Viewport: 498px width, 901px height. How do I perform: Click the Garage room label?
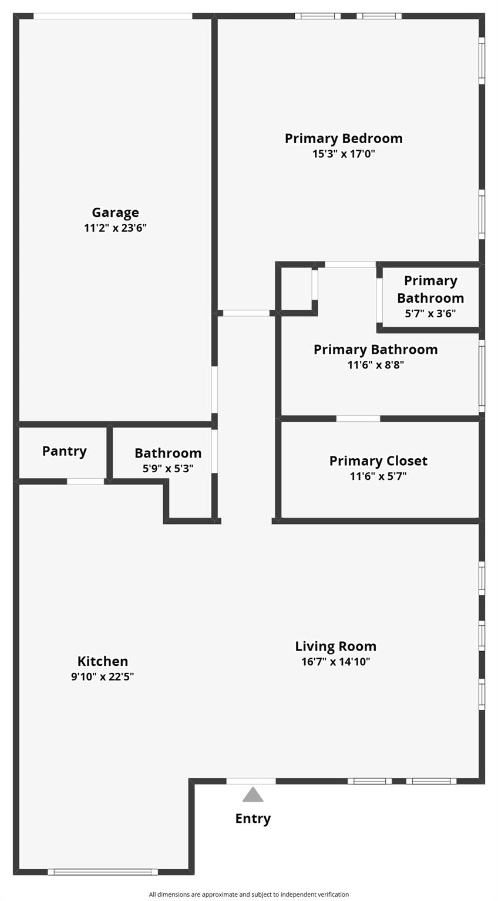click(x=115, y=212)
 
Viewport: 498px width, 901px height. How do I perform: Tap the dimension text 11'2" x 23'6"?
click(x=115, y=228)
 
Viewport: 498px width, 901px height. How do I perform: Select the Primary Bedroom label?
click(x=344, y=138)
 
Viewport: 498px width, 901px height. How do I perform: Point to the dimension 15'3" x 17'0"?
click(x=344, y=154)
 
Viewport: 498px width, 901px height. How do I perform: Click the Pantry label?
click(x=64, y=451)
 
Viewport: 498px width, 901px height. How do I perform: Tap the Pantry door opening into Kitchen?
click(x=85, y=482)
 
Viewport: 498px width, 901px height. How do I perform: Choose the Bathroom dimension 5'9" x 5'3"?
click(x=168, y=468)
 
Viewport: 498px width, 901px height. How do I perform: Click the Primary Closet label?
click(x=378, y=461)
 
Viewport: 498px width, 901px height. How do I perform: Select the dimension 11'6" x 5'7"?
click(x=378, y=476)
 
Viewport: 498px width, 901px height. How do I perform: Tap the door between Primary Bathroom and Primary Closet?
click(x=358, y=418)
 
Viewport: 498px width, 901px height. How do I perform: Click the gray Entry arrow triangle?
click(x=253, y=795)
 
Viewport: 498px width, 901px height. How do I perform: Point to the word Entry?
click(x=253, y=818)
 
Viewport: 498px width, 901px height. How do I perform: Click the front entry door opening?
click(x=251, y=781)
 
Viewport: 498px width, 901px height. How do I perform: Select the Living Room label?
click(x=335, y=646)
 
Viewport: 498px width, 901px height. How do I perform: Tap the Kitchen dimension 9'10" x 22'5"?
click(x=103, y=676)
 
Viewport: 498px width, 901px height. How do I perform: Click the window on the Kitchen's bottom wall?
click(x=103, y=872)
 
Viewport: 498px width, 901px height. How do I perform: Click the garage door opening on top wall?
click(x=112, y=16)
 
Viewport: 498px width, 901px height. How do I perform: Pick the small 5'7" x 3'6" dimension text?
click(x=430, y=313)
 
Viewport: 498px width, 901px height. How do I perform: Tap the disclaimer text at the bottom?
click(x=249, y=895)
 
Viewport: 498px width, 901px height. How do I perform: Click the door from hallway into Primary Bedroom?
click(x=246, y=313)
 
